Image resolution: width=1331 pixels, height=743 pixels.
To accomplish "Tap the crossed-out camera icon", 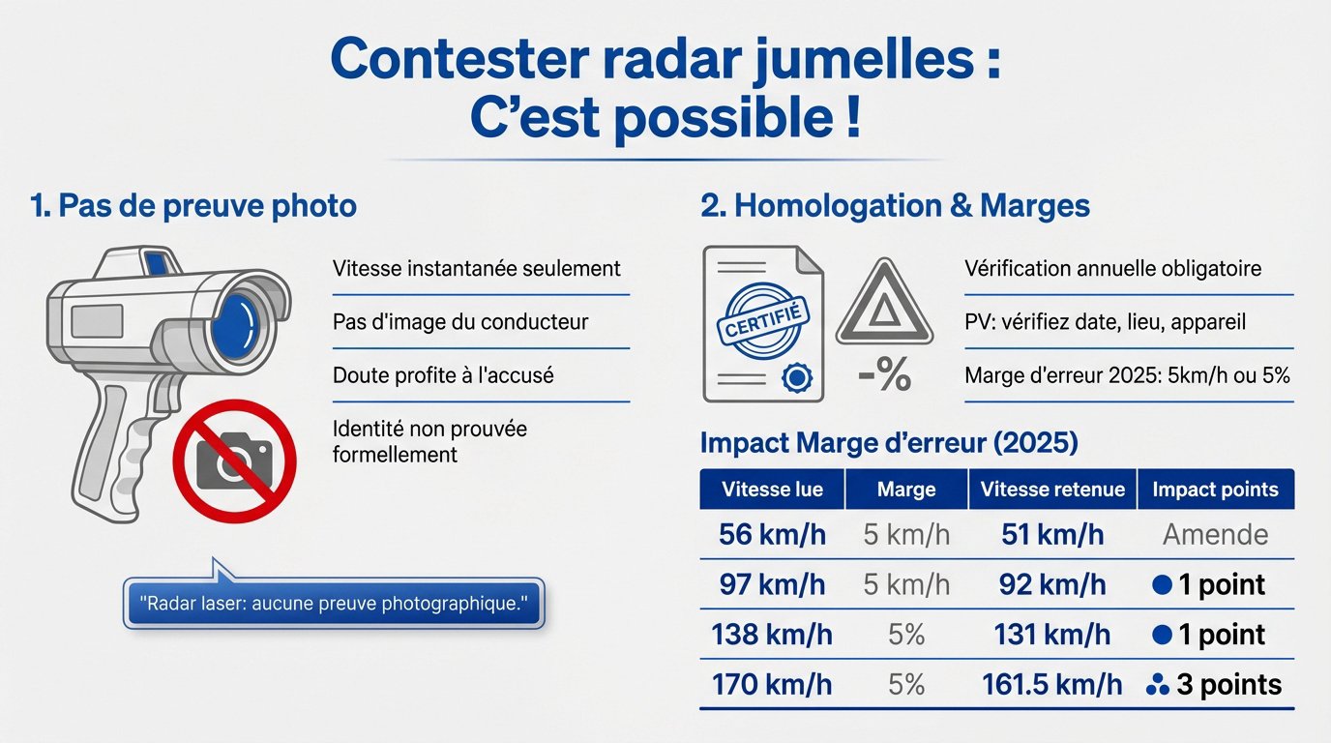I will pos(234,461).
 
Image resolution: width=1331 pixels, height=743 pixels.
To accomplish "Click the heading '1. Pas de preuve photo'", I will pos(193,205).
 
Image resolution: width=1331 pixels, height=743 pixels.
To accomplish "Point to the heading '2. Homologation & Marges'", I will pos(895,205).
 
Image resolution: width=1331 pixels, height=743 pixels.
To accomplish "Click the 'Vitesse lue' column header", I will pos(772,490).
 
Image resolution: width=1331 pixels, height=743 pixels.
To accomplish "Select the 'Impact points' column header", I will pos(1215,490).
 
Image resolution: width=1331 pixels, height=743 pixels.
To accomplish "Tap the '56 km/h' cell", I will pos(772,534).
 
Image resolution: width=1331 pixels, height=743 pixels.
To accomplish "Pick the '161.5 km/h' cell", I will pos(1052,685).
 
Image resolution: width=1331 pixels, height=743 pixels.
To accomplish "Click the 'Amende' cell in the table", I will pos(1215,534).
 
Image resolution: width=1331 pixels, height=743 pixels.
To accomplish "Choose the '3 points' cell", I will pos(1215,685).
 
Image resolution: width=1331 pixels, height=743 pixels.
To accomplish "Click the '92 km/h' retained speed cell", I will pos(1052,584).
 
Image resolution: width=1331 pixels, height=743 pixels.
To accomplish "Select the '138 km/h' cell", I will pos(772,635).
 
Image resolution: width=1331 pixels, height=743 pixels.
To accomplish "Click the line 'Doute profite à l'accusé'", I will pos(443,374).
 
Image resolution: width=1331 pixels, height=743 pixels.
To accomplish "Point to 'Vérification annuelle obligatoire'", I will pos(1112,268).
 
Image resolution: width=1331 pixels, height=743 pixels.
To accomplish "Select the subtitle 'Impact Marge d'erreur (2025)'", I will pos(889,443).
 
